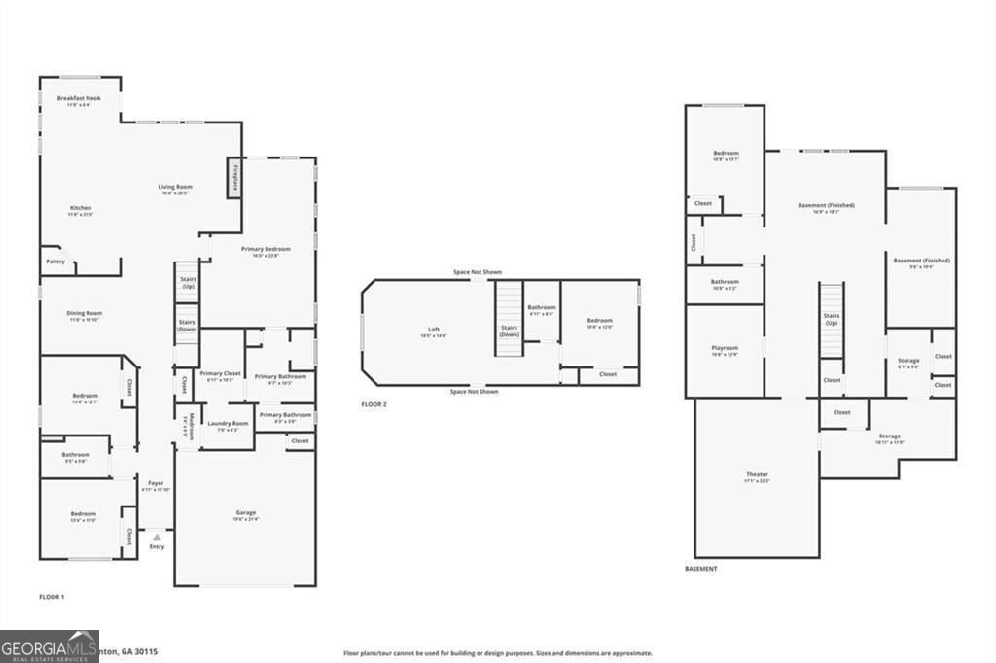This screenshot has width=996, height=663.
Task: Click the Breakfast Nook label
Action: [x=79, y=99]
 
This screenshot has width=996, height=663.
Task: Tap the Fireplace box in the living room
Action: [x=234, y=179]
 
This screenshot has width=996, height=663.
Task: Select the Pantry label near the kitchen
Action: [x=54, y=262]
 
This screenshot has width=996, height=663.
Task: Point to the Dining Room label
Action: [x=85, y=314]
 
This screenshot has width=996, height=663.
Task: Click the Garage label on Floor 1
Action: [x=245, y=513]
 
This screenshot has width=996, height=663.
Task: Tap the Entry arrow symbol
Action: [x=157, y=537]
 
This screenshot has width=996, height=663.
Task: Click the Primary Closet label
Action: [x=220, y=373]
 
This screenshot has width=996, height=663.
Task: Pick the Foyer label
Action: [x=156, y=484]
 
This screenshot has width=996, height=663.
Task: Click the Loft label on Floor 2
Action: [x=434, y=330]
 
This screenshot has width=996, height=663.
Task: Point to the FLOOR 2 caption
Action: [x=373, y=404]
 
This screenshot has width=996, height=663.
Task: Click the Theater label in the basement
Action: [x=757, y=474]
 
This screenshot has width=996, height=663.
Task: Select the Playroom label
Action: [x=725, y=348]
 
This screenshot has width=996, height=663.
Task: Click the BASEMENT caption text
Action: [x=700, y=569]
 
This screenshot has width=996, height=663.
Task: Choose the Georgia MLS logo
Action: [x=49, y=646]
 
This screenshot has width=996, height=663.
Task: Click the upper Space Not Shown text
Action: [x=477, y=272]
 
